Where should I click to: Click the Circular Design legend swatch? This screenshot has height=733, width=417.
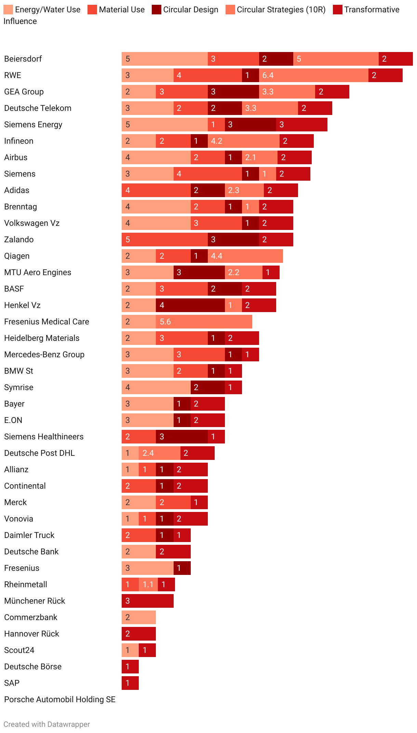tap(156, 10)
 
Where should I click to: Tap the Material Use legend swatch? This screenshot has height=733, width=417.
tap(92, 10)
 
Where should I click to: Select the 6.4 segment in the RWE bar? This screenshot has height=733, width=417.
tap(313, 75)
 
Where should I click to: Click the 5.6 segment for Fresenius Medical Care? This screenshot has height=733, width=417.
tap(204, 322)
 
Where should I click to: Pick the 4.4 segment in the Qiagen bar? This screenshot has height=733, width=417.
tap(245, 256)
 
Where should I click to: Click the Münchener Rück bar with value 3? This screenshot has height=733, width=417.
tap(147, 601)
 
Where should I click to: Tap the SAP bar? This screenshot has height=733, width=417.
tap(130, 683)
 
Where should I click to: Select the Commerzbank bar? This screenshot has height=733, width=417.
tap(138, 617)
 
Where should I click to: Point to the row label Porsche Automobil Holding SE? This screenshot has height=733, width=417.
tap(60, 699)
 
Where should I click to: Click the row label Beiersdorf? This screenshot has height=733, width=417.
tap(23, 59)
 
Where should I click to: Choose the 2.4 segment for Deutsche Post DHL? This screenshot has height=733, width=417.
tap(159, 453)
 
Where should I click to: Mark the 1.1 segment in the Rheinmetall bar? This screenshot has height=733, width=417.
tap(148, 584)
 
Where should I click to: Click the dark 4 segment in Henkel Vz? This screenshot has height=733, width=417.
tap(190, 305)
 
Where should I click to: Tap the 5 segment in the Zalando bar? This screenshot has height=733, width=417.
tap(164, 240)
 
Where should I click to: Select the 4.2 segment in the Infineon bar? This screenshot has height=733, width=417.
tap(243, 141)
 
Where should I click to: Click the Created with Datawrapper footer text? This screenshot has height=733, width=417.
tap(47, 724)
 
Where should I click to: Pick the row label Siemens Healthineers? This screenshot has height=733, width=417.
tap(44, 437)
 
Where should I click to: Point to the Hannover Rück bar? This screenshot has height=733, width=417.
tap(138, 634)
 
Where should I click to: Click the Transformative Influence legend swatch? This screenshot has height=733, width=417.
tap(337, 10)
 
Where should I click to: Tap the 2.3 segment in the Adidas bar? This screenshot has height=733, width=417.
tap(244, 190)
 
